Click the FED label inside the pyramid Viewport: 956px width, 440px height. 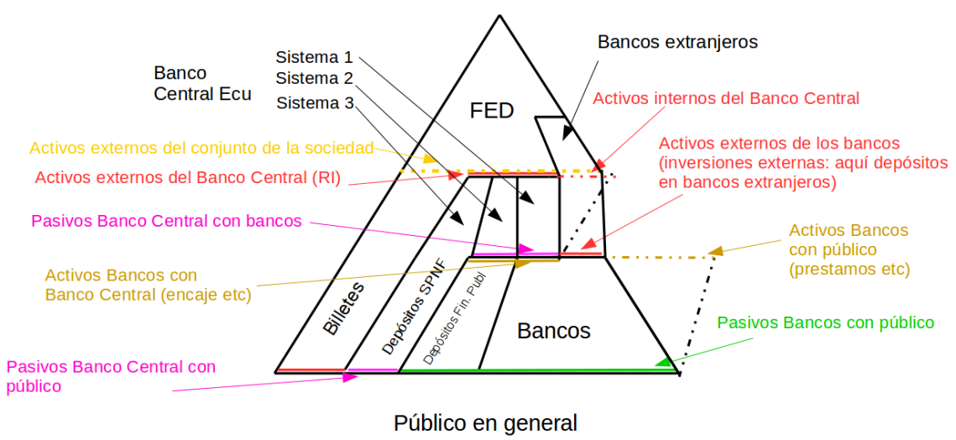(x=491, y=111)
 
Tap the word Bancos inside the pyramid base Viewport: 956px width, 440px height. (x=553, y=330)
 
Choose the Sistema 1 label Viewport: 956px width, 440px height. (x=314, y=57)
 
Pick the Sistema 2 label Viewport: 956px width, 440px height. (x=314, y=79)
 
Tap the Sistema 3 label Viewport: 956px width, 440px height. (x=314, y=103)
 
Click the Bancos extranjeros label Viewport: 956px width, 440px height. (x=677, y=41)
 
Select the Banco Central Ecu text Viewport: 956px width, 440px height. (x=202, y=83)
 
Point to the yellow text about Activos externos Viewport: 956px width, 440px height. (x=201, y=149)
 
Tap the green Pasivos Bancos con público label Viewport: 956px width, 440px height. (x=826, y=322)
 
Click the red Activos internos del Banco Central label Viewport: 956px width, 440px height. (x=726, y=98)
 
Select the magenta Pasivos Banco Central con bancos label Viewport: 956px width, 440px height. (x=166, y=222)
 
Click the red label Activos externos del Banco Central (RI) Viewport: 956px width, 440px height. (x=188, y=178)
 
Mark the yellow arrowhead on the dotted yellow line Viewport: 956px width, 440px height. (x=431, y=159)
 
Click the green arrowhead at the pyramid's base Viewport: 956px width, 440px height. (x=663, y=362)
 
